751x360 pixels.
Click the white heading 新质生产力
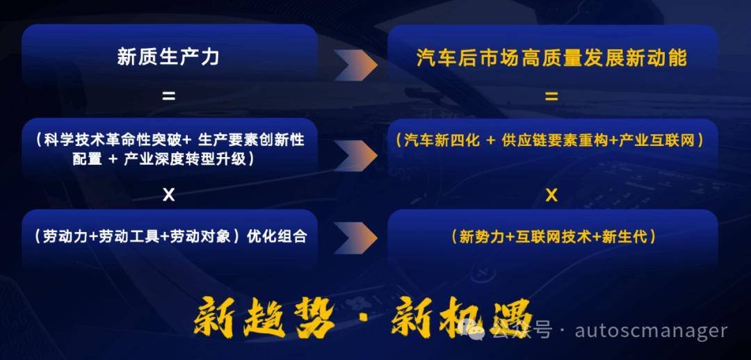(x=168, y=58)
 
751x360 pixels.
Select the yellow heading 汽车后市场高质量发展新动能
(x=551, y=58)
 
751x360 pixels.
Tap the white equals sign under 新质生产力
(x=168, y=96)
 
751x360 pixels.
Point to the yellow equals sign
(x=551, y=97)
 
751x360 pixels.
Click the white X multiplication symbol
(x=168, y=195)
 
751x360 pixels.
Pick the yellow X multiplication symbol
(x=551, y=195)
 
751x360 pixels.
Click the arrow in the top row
(x=356, y=65)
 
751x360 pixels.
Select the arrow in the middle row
(x=356, y=155)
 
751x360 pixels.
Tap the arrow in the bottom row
(x=356, y=238)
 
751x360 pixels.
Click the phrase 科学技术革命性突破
(x=113, y=140)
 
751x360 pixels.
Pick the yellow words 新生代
(x=624, y=237)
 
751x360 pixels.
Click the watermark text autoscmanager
(x=651, y=331)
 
